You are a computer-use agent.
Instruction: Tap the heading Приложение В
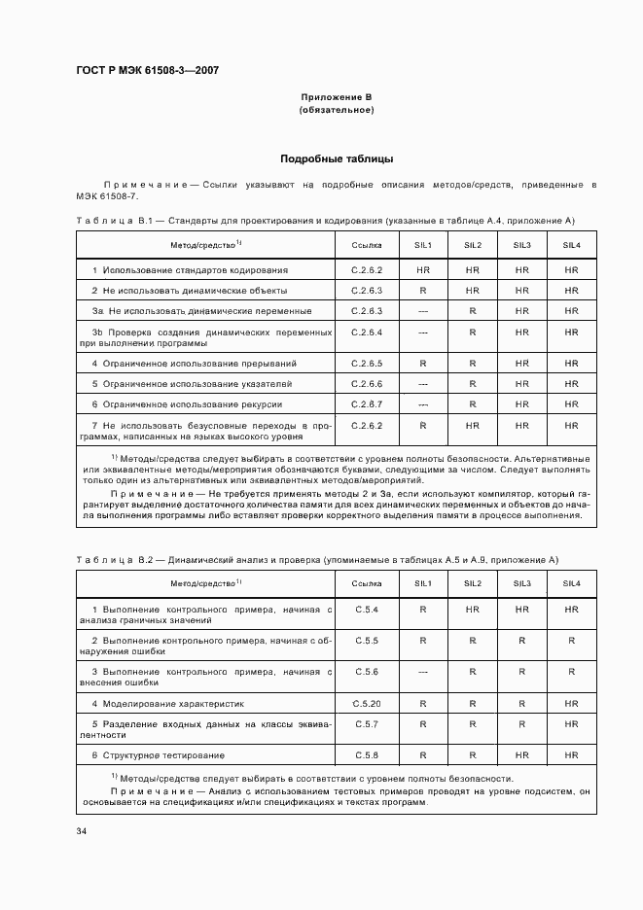pos(337,98)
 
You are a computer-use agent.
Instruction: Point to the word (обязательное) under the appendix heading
pos(337,110)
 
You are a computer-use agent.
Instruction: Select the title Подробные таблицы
pos(337,158)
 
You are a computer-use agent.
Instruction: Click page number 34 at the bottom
pos(81,831)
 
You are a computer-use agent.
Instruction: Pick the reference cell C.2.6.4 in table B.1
pos(367,332)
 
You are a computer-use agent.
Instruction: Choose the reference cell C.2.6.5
pos(367,363)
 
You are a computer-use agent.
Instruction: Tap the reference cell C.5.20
pos(367,702)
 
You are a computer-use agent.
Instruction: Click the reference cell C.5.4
pos(367,609)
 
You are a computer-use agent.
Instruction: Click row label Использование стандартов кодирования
pos(190,269)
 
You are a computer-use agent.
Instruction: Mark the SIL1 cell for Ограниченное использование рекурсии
pos(423,403)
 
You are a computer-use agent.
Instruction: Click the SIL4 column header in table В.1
pos(571,246)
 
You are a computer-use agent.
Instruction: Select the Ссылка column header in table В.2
pos(367,583)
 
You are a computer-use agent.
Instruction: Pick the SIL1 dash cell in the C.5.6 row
pos(423,672)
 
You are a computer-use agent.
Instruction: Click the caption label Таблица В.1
pos(110,221)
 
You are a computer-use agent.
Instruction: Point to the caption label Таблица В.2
pos(110,559)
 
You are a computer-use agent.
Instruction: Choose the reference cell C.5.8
pos(367,754)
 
